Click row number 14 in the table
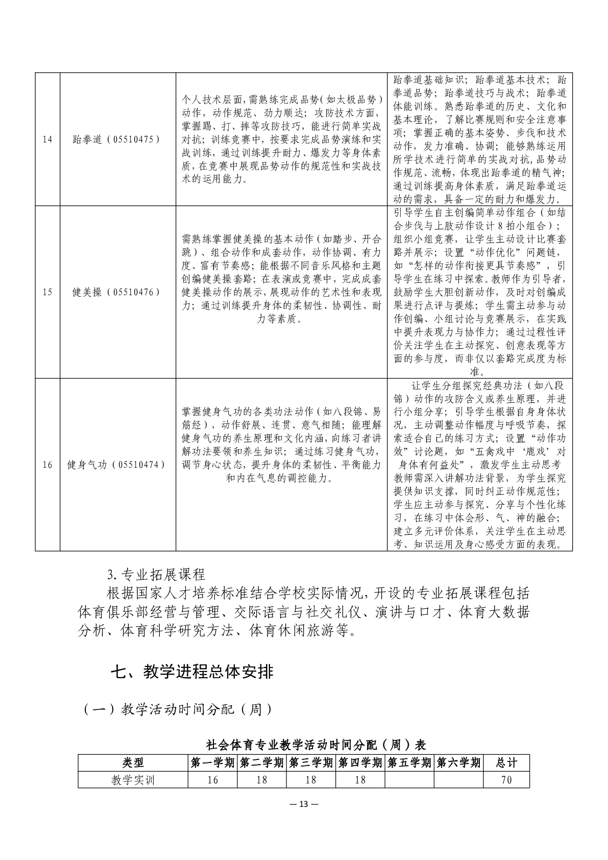47,139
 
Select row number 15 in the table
47,292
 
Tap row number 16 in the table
47,465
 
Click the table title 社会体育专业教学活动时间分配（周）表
315,745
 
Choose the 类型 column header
133,762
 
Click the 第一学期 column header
213,762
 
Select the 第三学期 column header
311,762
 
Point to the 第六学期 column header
459,762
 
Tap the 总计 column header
506,762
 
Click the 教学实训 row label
133,780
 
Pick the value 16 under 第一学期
213,780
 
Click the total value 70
506,780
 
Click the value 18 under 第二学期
262,780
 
